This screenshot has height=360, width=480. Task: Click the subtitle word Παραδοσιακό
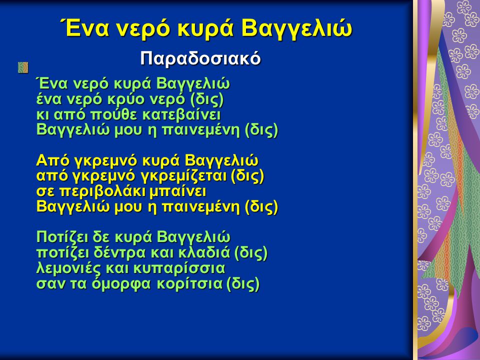pos(200,58)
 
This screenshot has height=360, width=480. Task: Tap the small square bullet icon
pos(23,67)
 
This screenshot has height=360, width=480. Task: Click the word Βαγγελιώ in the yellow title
pos(296,28)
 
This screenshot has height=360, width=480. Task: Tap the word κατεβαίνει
pos(181,115)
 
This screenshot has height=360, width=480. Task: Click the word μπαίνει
pos(178,191)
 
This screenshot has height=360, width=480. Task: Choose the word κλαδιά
pos(204,252)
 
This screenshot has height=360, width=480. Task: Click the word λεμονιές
pos(68,268)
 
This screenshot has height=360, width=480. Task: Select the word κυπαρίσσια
pos(179,268)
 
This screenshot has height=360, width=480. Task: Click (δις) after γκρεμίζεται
pos(247,176)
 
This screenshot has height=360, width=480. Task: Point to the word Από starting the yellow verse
pos(53,160)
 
